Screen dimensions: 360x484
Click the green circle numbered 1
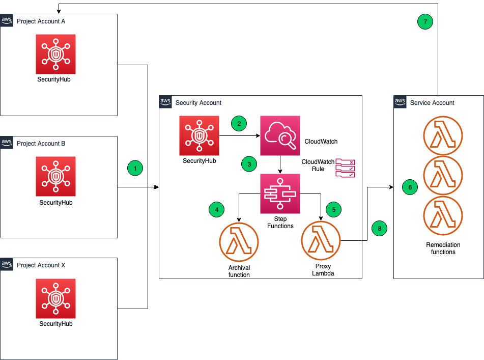[x=135, y=168]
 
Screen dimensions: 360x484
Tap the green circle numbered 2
[x=239, y=123]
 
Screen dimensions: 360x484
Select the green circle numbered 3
[x=249, y=164]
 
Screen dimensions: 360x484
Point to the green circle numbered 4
[x=216, y=209]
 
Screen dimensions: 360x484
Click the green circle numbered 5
[x=333, y=209]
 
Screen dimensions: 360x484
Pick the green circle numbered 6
[x=410, y=187]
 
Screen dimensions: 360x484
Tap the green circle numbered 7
[x=425, y=21]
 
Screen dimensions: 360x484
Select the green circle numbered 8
[x=379, y=229]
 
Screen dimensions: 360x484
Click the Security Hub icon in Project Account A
[x=55, y=54]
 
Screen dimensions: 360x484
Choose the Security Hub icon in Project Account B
[x=55, y=176]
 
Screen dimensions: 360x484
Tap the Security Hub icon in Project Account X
[x=55, y=298]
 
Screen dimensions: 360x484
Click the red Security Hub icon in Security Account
[x=199, y=135]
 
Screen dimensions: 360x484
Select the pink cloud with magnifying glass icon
[x=280, y=135]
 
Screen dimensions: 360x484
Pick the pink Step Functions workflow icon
[x=280, y=193]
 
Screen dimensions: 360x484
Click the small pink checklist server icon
[x=345, y=168]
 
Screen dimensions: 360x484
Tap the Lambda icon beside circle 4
[x=239, y=242]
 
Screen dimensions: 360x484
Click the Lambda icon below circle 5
[x=321, y=240]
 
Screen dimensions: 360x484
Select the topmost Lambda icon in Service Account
[x=443, y=135]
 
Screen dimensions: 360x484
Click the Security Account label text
[x=198, y=103]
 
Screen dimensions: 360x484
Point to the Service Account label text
[x=432, y=103]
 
